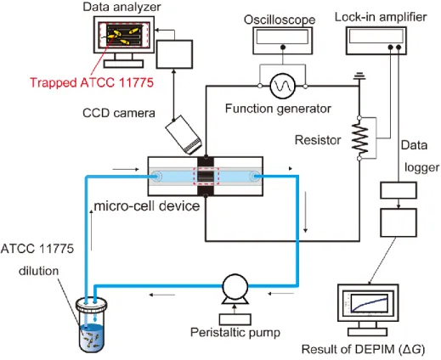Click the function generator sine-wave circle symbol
(x=282, y=86)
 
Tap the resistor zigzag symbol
(x=359, y=138)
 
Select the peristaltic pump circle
(x=235, y=286)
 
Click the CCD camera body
(x=184, y=135)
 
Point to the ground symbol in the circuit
(x=359, y=76)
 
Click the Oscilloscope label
(x=280, y=20)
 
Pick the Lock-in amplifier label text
(x=381, y=17)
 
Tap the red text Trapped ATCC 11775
(x=92, y=82)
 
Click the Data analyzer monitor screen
(x=124, y=35)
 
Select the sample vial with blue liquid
(x=91, y=324)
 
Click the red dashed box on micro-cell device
(x=206, y=176)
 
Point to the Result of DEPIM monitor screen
(x=368, y=304)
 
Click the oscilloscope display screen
(x=282, y=37)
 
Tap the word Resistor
(x=318, y=140)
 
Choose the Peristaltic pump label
(x=235, y=333)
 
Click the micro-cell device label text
(x=147, y=206)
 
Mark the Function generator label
(x=278, y=109)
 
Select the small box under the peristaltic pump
(x=235, y=319)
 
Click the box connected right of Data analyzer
(x=174, y=54)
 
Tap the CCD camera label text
(x=119, y=113)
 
